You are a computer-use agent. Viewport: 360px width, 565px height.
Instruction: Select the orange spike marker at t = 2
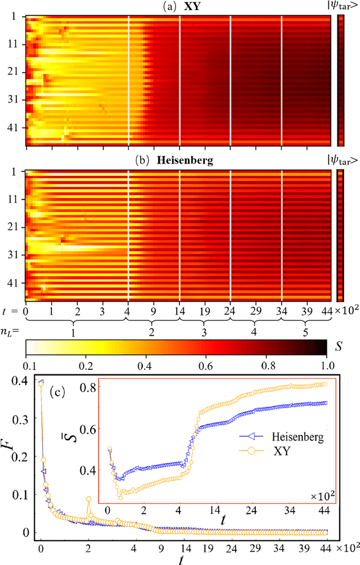88,499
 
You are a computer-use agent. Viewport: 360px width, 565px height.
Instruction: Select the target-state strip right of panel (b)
340,237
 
